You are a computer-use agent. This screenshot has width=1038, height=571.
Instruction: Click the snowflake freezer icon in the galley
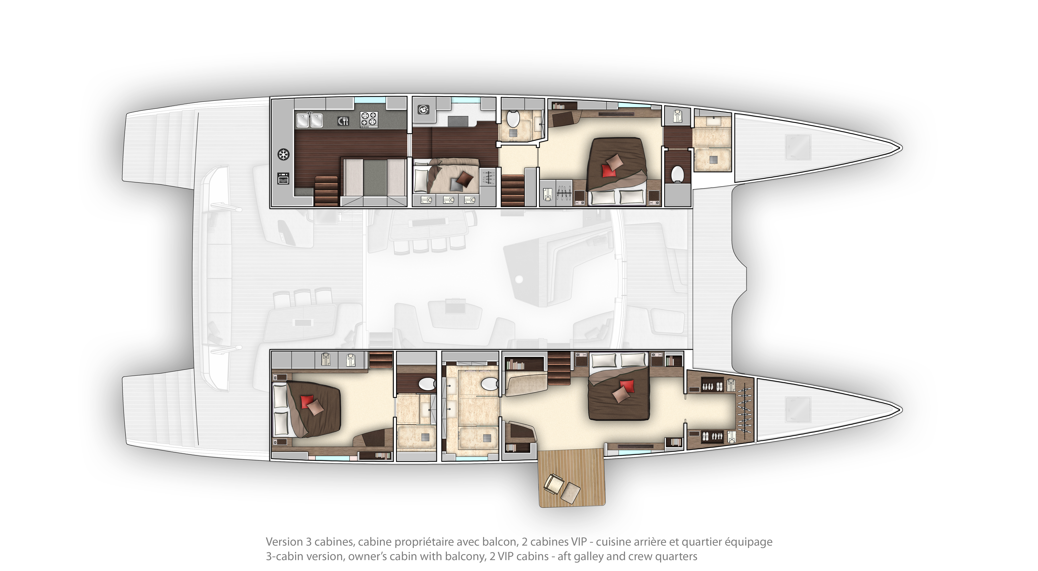[x=284, y=154]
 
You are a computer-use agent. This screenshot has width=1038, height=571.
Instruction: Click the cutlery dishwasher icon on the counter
[x=343, y=120]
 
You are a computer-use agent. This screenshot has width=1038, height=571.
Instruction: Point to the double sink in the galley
[x=309, y=120]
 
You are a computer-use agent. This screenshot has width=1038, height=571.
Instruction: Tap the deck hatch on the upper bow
[x=798, y=147]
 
